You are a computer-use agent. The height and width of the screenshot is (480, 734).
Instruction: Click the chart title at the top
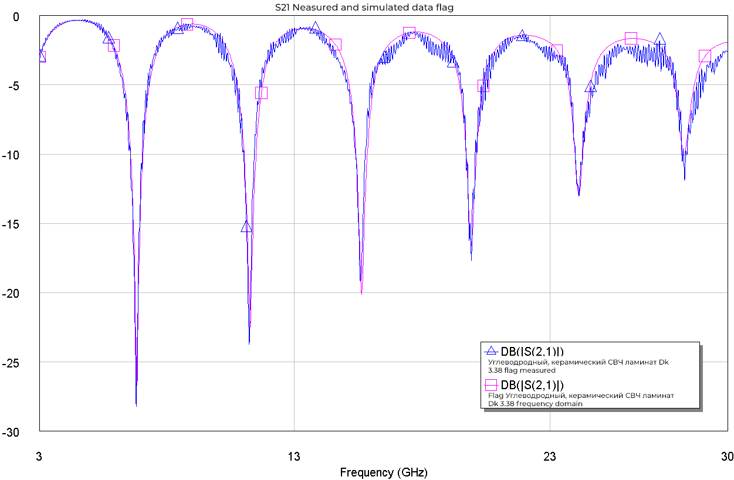[x=364, y=8]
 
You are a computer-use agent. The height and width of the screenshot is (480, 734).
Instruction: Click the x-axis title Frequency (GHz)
[x=384, y=472]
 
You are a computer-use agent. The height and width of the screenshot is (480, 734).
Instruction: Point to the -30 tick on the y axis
[x=11, y=432]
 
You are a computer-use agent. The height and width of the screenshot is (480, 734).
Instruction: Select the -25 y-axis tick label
[x=11, y=363]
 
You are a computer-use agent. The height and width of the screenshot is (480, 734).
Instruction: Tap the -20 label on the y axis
[x=11, y=293]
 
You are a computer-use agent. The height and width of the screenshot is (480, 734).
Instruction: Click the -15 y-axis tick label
[x=11, y=224]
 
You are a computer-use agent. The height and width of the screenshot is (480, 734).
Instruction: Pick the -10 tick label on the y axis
[x=11, y=155]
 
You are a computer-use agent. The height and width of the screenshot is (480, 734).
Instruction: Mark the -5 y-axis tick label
[x=13, y=86]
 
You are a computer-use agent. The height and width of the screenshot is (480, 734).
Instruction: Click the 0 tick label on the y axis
[x=16, y=16]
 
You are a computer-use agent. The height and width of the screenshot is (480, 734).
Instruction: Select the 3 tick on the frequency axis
[x=39, y=457]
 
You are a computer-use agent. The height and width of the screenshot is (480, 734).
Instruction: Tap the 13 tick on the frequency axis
[x=295, y=457]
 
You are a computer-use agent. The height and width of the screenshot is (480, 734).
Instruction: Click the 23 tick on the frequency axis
[x=550, y=457]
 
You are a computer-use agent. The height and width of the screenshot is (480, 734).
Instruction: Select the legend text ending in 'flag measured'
[x=578, y=366]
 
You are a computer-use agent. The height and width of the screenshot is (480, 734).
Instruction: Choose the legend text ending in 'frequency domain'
[x=581, y=400]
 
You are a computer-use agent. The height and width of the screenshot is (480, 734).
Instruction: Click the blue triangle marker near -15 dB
[x=246, y=227]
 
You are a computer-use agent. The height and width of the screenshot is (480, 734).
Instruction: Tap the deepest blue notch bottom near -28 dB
[x=136, y=405]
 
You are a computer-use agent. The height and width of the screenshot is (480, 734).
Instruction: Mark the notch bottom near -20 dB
[x=361, y=293]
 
